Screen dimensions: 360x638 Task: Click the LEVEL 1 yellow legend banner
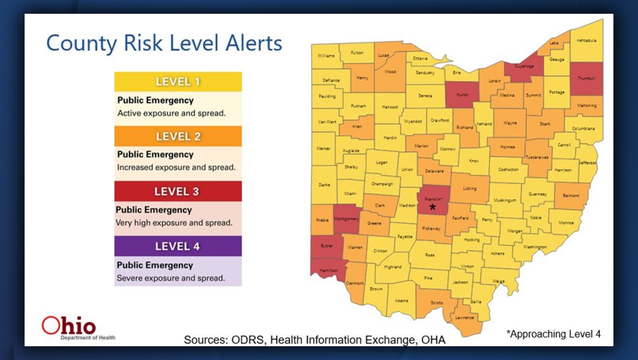point(178,81)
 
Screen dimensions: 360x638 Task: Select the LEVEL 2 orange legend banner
point(178,136)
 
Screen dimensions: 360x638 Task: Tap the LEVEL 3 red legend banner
point(178,191)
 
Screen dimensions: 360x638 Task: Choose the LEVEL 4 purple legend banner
point(178,246)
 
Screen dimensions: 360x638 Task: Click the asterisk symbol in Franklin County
point(433,207)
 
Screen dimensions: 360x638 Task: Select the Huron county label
point(462,95)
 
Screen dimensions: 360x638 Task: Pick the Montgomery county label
point(346,219)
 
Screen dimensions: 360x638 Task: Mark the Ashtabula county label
point(586,40)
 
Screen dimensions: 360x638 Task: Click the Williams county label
point(326,55)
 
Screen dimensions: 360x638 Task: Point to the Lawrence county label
point(465,318)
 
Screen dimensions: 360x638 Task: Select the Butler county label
point(327,246)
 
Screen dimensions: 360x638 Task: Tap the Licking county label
point(469,188)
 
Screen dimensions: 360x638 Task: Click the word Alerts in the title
point(251,43)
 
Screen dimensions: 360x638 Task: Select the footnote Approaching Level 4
point(553,334)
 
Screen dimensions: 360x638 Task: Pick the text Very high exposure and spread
point(174,223)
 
